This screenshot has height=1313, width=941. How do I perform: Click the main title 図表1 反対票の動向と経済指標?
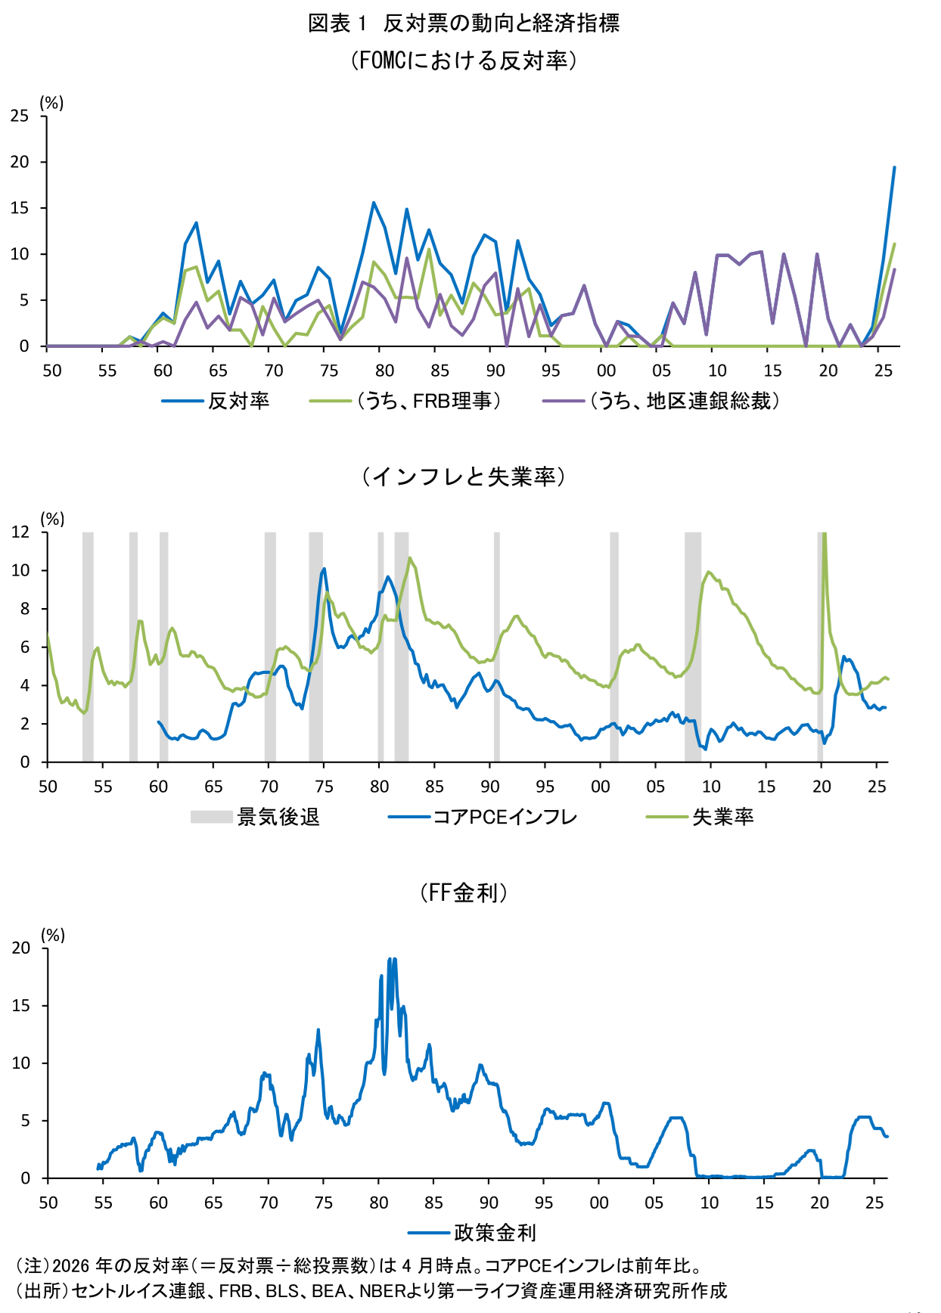(x=463, y=23)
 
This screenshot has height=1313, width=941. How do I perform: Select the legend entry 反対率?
(x=238, y=401)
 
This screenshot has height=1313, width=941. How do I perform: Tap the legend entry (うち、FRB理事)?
(x=429, y=401)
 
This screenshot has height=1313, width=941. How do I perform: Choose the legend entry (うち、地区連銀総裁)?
(x=685, y=401)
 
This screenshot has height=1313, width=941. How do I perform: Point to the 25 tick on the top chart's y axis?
(x=20, y=116)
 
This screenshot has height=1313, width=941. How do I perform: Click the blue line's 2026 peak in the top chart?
(x=894, y=168)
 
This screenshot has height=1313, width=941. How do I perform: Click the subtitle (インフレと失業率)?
(x=463, y=476)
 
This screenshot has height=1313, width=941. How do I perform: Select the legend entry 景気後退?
(x=278, y=817)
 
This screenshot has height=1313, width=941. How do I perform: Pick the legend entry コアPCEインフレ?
(x=505, y=817)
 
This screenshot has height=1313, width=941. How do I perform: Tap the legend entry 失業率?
(x=722, y=817)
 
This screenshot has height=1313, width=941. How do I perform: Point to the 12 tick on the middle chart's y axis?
(x=20, y=532)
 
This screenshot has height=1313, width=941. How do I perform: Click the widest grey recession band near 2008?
(x=692, y=647)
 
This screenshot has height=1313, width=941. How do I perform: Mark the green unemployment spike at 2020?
(x=824, y=537)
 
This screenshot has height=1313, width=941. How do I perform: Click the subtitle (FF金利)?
(x=463, y=892)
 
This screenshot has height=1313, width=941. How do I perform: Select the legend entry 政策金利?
(x=495, y=1233)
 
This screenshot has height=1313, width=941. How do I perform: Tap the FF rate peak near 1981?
(x=391, y=960)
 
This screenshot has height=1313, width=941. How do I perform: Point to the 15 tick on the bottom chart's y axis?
(x=21, y=1006)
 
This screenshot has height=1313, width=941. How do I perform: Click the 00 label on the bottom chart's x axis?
(x=598, y=1203)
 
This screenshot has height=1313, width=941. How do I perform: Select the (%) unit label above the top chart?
(x=51, y=103)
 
